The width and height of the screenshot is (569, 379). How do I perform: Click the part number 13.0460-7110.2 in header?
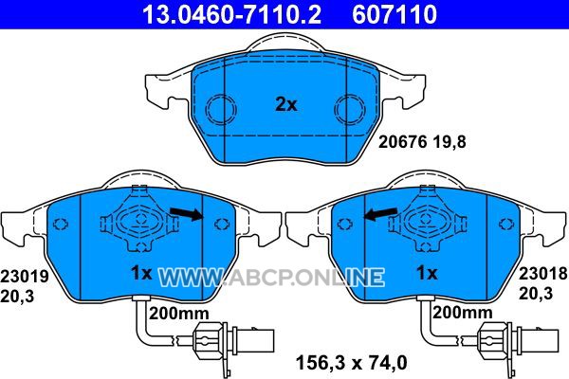(x=232, y=14)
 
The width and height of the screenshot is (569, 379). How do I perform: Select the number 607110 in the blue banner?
(x=395, y=14)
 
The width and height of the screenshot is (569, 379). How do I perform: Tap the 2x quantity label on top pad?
(x=286, y=105)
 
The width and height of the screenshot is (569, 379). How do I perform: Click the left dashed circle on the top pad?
(x=221, y=109)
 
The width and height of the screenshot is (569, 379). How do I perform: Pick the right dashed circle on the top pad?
(x=350, y=109)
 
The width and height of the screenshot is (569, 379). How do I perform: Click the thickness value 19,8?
(x=450, y=142)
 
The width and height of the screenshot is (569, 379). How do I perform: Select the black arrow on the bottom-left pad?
(x=187, y=213)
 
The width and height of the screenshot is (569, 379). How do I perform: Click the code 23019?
(x=25, y=277)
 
